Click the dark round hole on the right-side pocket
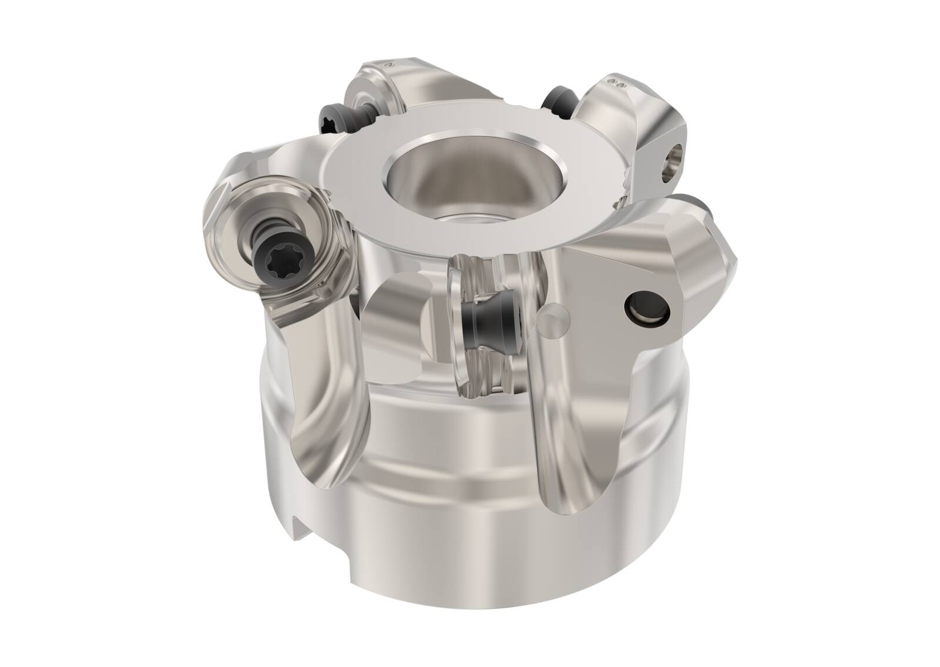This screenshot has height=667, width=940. tap(645, 305)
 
